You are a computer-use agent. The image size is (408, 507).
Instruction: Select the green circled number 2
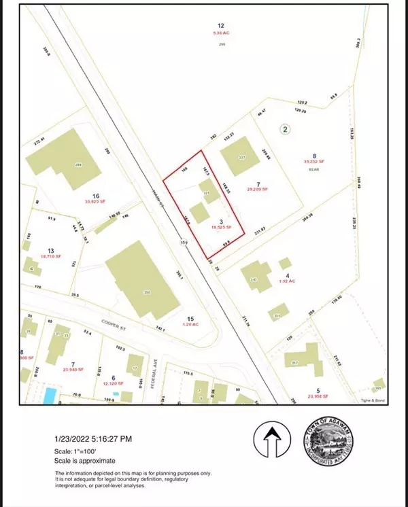click(286, 128)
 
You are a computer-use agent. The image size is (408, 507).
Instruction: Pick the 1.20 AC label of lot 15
click(191, 325)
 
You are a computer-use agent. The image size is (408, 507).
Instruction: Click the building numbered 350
click(141, 282)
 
